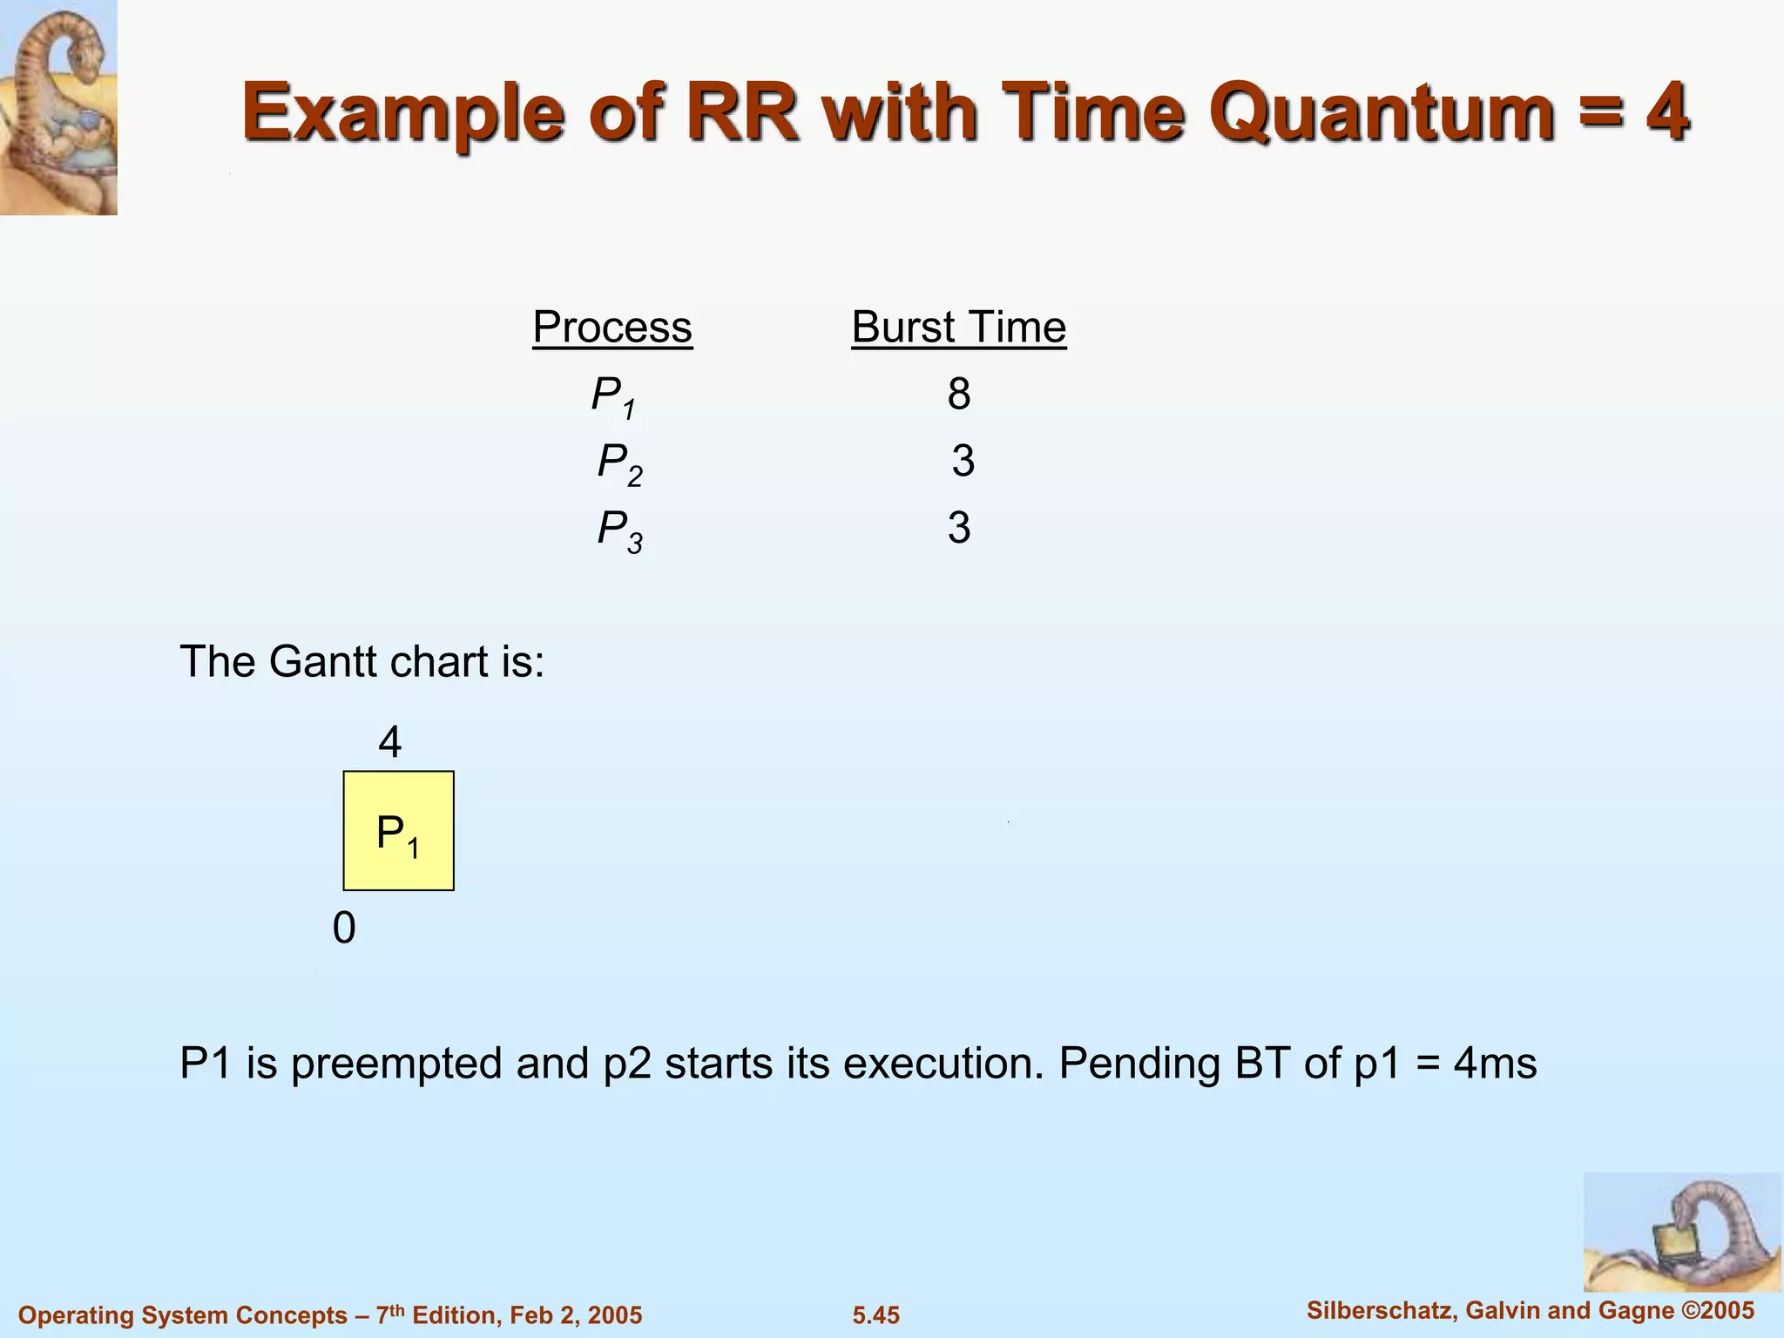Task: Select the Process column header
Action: coord(612,328)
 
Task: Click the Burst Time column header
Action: coord(958,328)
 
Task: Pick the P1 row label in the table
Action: coord(613,396)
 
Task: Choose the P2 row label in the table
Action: coord(619,463)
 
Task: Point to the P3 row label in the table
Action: coord(619,530)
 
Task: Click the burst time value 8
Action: coord(959,395)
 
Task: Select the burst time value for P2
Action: coord(963,461)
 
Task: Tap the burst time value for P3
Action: coord(959,529)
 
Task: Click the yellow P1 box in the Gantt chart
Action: coord(398,831)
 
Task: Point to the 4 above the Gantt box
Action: coord(389,743)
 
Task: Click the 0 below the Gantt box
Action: coord(344,929)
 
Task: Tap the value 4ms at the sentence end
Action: coord(1495,1064)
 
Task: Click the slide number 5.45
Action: coord(875,1315)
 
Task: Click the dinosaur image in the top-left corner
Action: coord(58,107)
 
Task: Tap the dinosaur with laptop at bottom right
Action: coord(1681,1232)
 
